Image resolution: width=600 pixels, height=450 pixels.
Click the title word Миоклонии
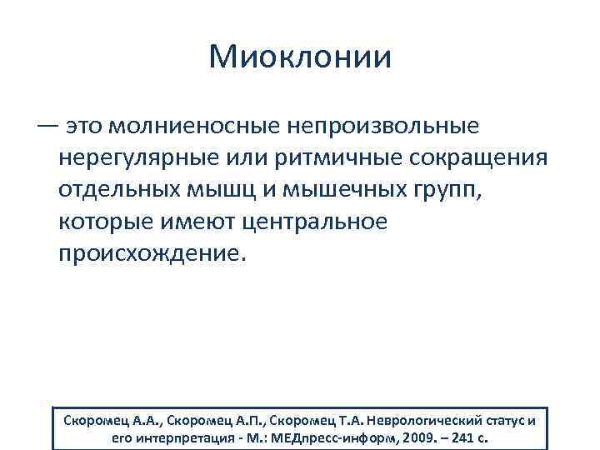point(300,57)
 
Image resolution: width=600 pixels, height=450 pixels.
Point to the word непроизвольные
point(384,127)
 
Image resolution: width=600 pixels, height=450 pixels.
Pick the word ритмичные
point(322,159)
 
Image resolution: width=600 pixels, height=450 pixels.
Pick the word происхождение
point(150,254)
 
